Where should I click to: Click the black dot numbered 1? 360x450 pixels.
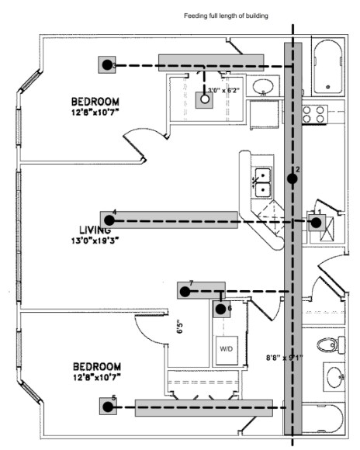point(317,223)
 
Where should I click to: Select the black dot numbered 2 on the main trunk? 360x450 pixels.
point(292,178)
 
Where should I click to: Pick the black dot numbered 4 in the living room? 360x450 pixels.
point(108,221)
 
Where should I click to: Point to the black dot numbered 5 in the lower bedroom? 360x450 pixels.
point(108,406)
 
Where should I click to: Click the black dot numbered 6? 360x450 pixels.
point(221,309)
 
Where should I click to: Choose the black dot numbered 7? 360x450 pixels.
point(185,292)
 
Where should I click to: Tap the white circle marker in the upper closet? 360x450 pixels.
point(206,99)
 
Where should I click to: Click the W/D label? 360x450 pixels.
point(227,349)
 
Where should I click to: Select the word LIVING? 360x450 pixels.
point(95,230)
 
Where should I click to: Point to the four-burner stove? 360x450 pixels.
point(313,115)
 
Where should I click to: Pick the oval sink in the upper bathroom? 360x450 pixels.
point(265,87)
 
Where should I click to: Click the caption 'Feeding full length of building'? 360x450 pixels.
point(226,16)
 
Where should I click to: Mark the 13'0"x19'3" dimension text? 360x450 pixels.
point(96,241)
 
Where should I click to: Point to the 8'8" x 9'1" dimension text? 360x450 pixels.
point(284,358)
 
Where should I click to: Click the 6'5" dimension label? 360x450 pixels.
point(178,327)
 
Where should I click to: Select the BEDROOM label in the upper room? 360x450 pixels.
point(95,102)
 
